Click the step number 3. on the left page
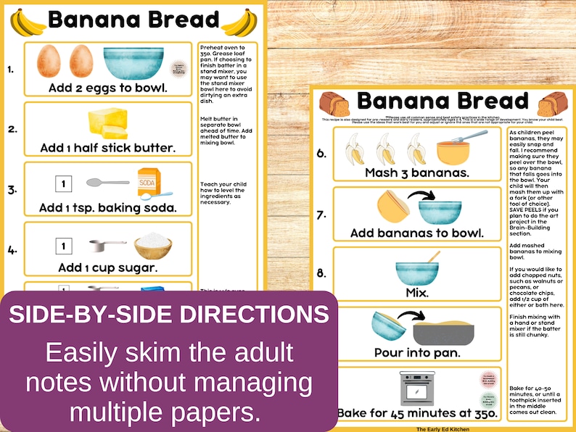pyautogui.click(x=12, y=190)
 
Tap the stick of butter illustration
pyautogui.click(x=107, y=122)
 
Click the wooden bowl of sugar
pyautogui.click(x=153, y=245)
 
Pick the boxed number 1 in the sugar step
pyautogui.click(x=63, y=246)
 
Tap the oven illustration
pyautogui.click(x=417, y=389)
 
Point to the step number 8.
pyautogui.click(x=321, y=274)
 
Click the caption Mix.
pyautogui.click(x=416, y=293)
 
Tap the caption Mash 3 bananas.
pyautogui.click(x=416, y=173)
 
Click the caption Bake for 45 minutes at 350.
pyautogui.click(x=418, y=414)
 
